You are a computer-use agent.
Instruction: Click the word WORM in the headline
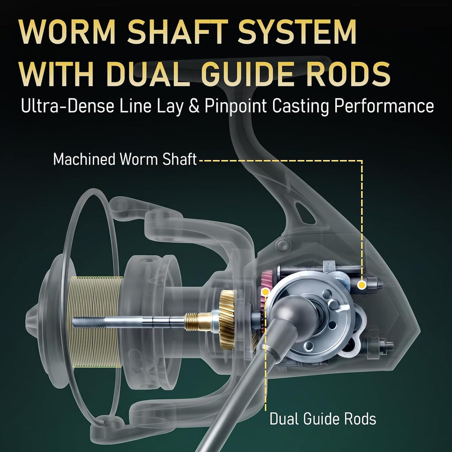point(67,32)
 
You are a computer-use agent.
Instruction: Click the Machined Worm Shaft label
point(125,159)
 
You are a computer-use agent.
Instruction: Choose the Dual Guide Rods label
point(323,419)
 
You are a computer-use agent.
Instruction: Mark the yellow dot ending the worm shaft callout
point(362,285)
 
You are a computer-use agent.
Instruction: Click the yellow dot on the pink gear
point(265,292)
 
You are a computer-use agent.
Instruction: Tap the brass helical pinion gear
point(228,320)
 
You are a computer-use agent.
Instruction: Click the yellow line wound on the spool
point(97,321)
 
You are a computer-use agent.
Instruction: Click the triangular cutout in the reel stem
point(304,213)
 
